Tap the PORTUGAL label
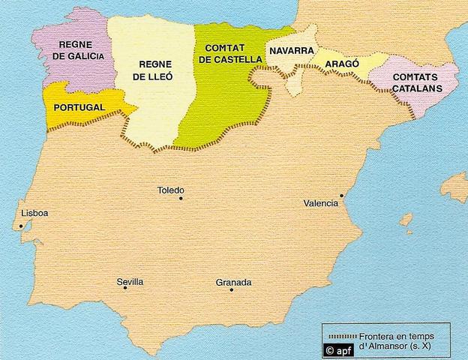pyautogui.click(x=79, y=108)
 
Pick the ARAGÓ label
pyautogui.click(x=341, y=64)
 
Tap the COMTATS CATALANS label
pyautogui.click(x=415, y=82)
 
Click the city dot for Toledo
pyautogui.click(x=181, y=199)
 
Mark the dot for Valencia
pyautogui.click(x=341, y=196)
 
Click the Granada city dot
pyautogui.click(x=232, y=289)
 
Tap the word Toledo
pyautogui.click(x=170, y=190)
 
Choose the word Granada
pyautogui.click(x=233, y=283)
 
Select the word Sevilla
pyautogui.click(x=130, y=282)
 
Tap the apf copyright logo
pyautogui.click(x=337, y=349)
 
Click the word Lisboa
pyautogui.click(x=35, y=213)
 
